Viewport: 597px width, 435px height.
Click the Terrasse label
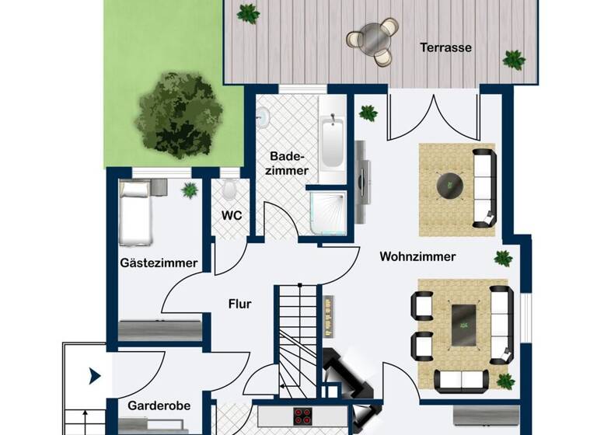446,47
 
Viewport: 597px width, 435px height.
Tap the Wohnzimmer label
417,256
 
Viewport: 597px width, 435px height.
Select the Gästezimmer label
159,263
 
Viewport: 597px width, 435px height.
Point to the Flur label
239,304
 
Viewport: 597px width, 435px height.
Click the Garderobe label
159,405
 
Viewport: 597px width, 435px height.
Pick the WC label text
230,214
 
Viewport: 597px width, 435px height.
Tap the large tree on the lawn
177,113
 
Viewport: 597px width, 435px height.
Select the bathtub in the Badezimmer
332,141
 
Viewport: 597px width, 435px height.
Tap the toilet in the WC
230,190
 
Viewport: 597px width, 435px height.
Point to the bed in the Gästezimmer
135,212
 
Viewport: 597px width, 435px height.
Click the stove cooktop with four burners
302,416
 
